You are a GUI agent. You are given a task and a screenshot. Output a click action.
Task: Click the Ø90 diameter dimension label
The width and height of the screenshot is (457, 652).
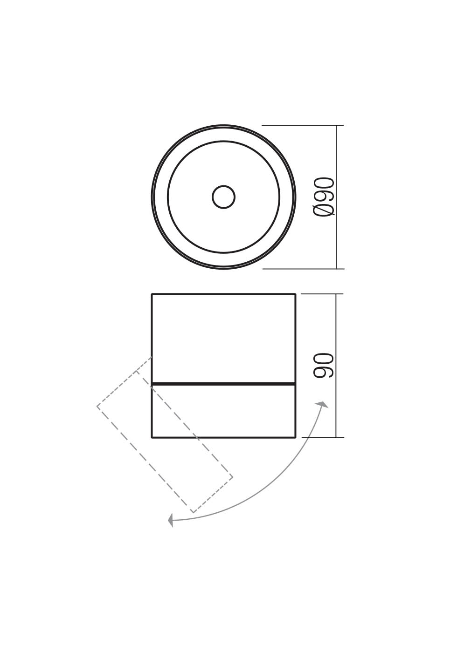pos(323,197)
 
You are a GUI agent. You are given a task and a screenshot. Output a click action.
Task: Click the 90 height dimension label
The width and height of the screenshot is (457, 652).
pos(323,366)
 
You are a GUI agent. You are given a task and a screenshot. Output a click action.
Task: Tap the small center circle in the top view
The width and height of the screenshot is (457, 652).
pos(223,197)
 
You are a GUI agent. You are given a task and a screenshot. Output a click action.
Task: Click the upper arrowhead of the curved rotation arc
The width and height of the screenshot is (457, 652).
pos(323,404)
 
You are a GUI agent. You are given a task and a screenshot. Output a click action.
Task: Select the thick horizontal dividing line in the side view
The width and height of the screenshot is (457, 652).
pos(223,384)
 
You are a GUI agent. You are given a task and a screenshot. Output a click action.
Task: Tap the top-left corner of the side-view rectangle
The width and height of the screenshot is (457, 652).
pos(152,294)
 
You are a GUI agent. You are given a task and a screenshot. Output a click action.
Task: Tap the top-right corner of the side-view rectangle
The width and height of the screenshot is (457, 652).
pos(296,294)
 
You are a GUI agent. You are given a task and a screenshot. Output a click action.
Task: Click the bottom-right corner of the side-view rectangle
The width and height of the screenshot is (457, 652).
pos(296,437)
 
